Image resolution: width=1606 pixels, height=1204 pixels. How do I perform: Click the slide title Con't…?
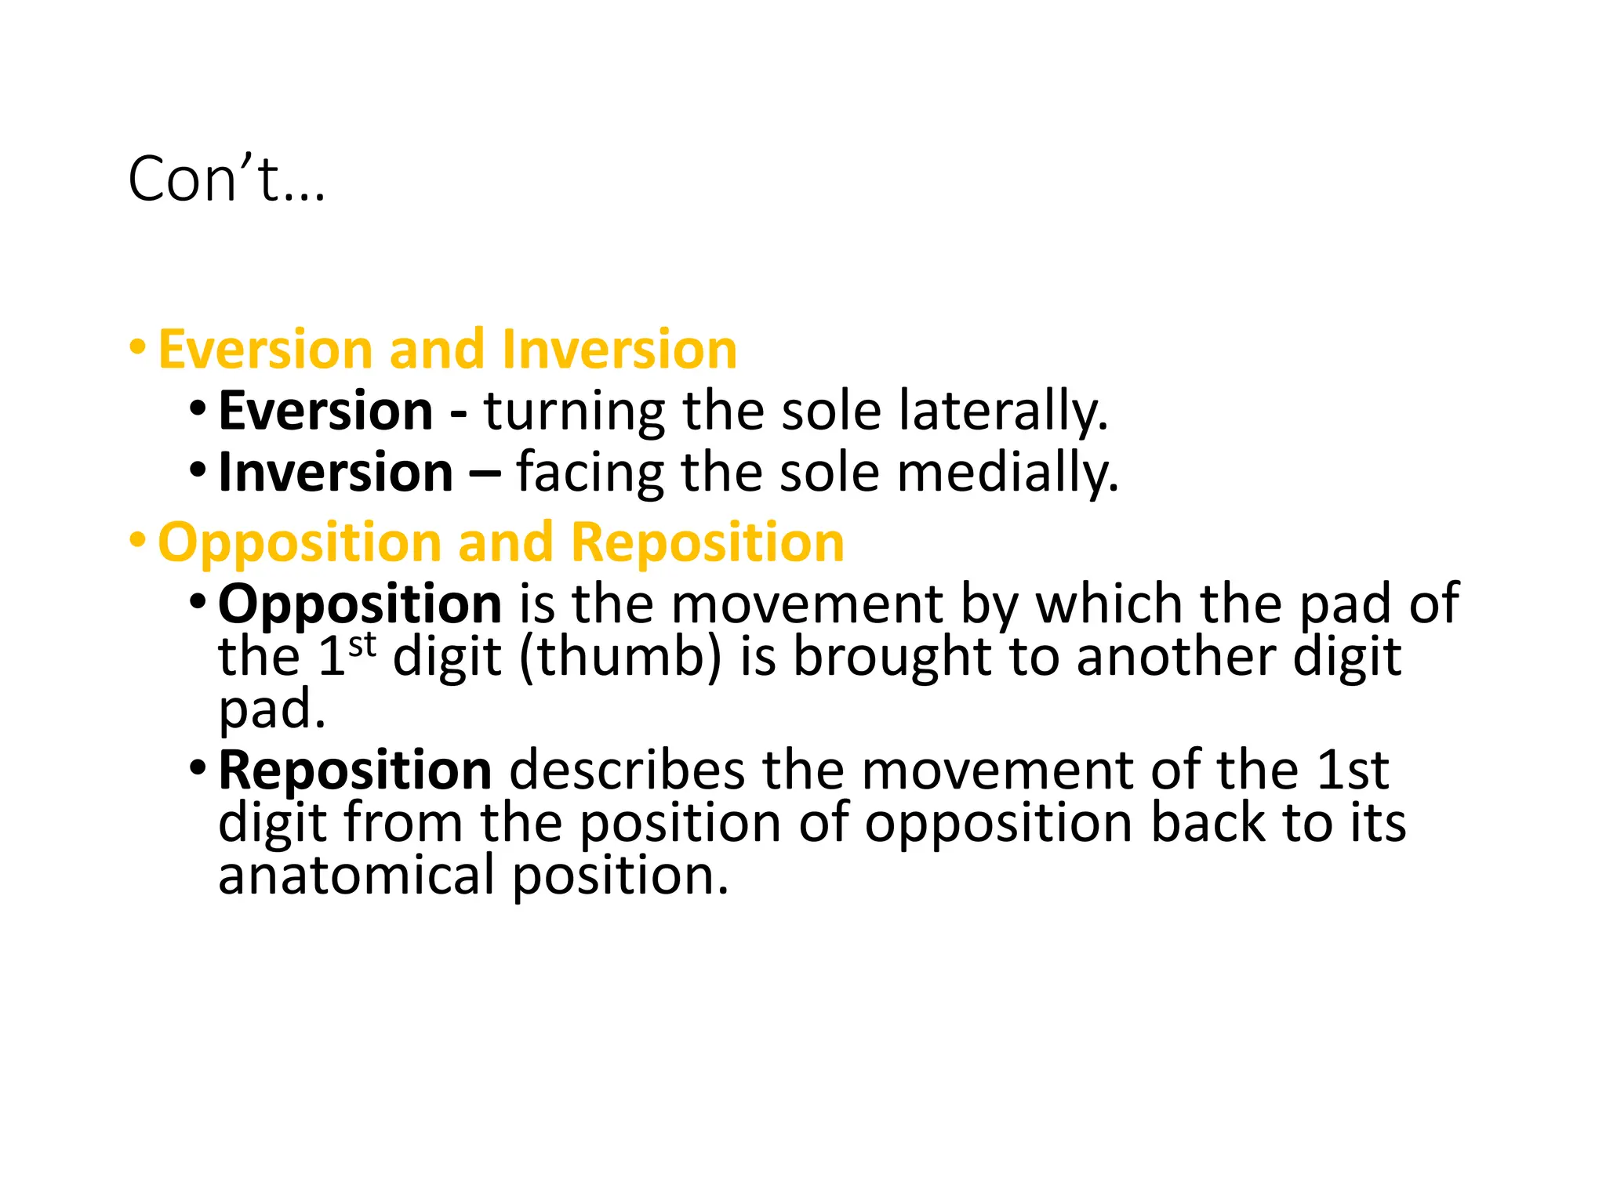click(226, 180)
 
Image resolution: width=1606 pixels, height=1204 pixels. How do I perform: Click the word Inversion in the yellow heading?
click(619, 350)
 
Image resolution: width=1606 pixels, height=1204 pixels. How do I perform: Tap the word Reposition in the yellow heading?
click(707, 542)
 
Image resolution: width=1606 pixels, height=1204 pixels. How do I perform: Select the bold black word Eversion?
click(325, 411)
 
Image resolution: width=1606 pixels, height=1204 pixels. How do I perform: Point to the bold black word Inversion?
click(336, 473)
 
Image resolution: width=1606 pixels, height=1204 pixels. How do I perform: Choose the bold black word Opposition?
click(360, 604)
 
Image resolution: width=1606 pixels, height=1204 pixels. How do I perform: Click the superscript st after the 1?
click(362, 645)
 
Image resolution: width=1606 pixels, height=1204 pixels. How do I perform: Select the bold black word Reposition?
click(354, 771)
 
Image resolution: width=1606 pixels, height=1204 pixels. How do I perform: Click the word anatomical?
click(357, 876)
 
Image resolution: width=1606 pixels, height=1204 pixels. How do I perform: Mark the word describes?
click(627, 771)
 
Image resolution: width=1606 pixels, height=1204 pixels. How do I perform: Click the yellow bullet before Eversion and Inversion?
click(138, 346)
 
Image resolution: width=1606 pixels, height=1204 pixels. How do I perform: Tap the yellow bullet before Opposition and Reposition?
click(138, 539)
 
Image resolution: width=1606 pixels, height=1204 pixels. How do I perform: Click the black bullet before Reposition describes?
click(198, 767)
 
